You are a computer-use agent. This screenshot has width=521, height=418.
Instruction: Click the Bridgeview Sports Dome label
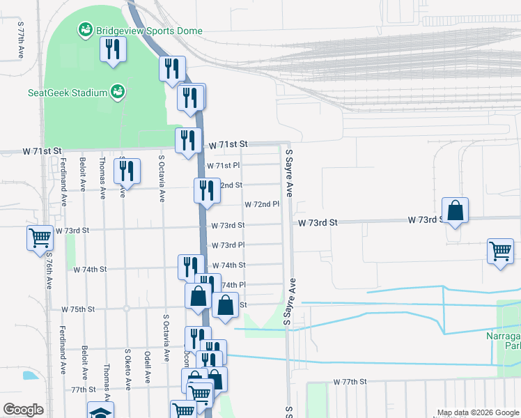click(x=149, y=31)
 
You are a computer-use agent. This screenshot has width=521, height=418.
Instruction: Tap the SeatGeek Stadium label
click(x=68, y=93)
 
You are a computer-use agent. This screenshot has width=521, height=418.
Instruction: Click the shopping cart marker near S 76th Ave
click(x=40, y=238)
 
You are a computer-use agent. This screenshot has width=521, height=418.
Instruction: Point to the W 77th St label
click(x=350, y=382)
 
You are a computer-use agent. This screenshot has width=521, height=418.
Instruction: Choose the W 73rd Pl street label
click(x=227, y=245)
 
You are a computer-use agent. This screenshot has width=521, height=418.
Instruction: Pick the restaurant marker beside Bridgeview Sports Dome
click(x=111, y=49)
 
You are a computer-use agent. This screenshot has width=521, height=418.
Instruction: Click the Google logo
click(x=23, y=410)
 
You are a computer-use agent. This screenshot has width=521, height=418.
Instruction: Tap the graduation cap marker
click(x=100, y=411)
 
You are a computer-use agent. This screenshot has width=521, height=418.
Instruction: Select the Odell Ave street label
click(x=148, y=367)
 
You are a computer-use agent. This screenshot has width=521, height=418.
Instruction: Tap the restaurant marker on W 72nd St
click(x=206, y=189)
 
